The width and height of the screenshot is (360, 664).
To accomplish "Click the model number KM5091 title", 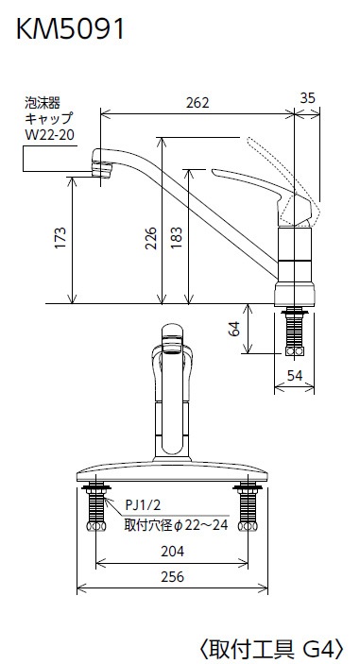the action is click(x=70, y=29).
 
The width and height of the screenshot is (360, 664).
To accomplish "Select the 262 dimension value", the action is click(x=197, y=102).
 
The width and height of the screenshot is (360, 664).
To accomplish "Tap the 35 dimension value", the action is click(x=308, y=98).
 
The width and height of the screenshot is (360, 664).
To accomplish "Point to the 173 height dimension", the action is click(x=60, y=238).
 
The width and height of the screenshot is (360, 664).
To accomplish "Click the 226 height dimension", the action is click(x=151, y=238).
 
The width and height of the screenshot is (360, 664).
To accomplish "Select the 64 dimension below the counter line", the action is click(x=233, y=328).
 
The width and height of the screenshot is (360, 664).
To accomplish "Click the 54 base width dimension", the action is click(x=295, y=375).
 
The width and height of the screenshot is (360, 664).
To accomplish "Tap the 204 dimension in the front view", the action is click(x=172, y=552).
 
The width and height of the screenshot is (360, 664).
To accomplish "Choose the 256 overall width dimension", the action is click(x=172, y=577).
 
